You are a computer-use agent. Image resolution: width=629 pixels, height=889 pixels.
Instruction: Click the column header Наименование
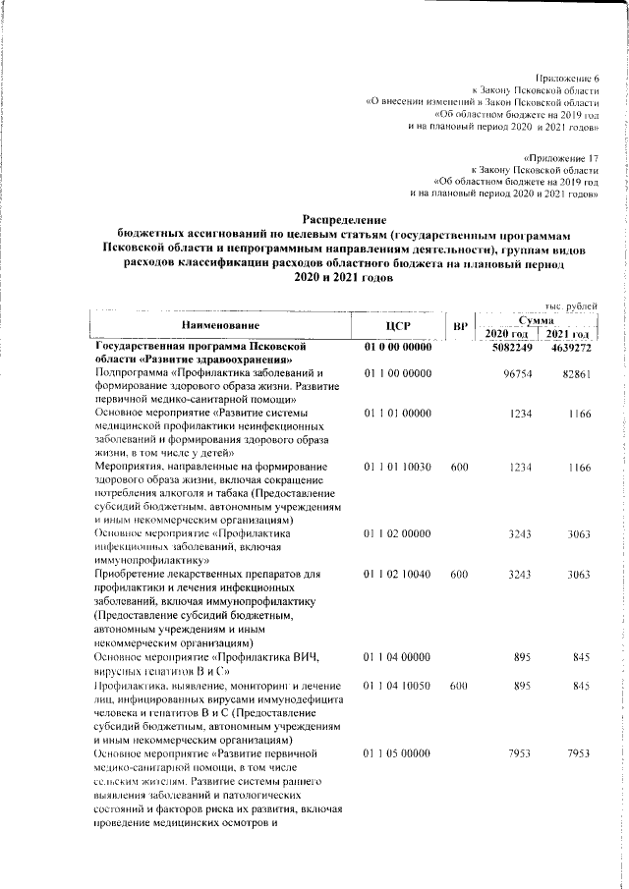point(220,325)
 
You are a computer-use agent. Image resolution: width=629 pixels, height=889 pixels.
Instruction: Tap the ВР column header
point(459,325)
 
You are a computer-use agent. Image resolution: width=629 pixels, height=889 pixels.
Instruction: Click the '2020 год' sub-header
point(507,336)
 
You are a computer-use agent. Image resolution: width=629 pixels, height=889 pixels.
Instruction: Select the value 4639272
point(570,348)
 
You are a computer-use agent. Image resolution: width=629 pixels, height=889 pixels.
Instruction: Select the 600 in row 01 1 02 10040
point(459,574)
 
